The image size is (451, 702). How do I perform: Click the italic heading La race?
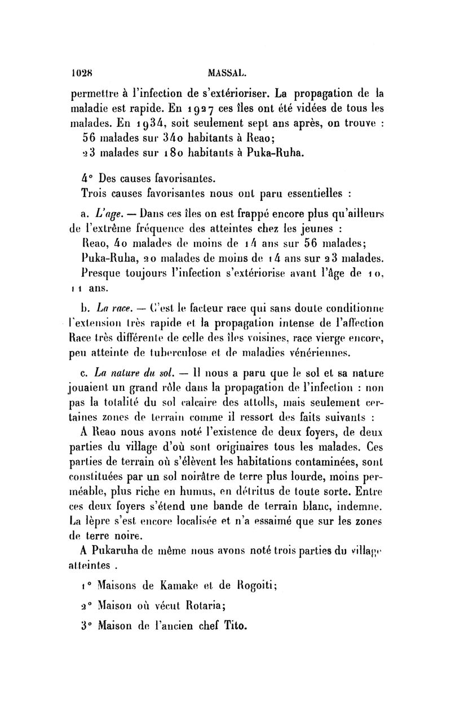click(113, 308)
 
